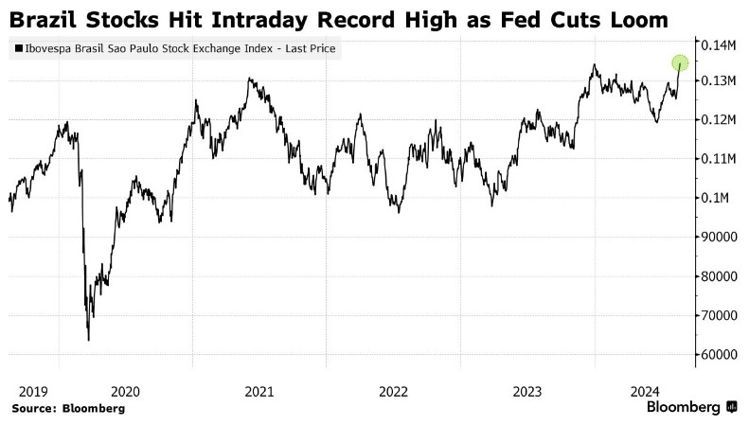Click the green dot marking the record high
pos(679,63)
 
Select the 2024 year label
pos(648,391)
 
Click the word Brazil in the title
pos(43,19)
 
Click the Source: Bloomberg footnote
pos(68,408)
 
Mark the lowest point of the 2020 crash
pos(88,340)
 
